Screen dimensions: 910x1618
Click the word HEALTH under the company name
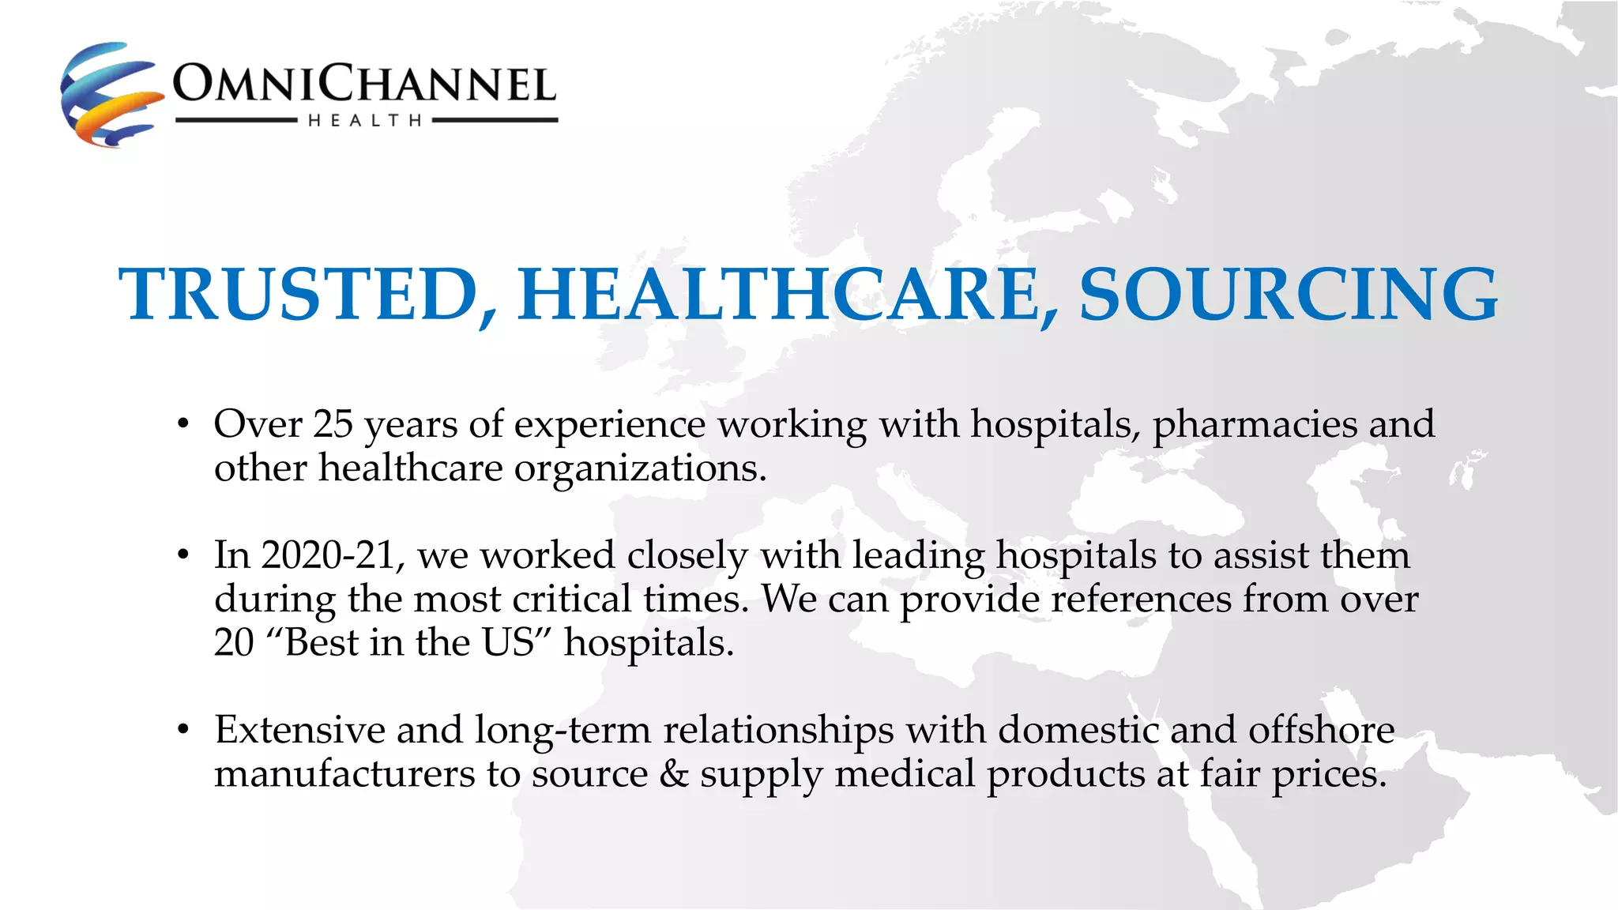pyautogui.click(x=365, y=121)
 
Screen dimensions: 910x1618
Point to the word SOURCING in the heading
pyautogui.click(x=1289, y=295)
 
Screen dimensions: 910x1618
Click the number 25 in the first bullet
pyautogui.click(x=333, y=424)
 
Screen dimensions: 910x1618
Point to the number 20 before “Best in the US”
pyautogui.click(x=234, y=642)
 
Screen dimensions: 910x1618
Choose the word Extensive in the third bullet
pyautogui.click(x=299, y=729)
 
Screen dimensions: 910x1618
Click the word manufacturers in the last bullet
pyautogui.click(x=344, y=773)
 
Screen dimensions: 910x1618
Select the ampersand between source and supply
pyautogui.click(x=674, y=773)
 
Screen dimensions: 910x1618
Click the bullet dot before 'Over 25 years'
pyautogui.click(x=183, y=425)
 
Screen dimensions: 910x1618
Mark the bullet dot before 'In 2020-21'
pyautogui.click(x=183, y=556)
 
